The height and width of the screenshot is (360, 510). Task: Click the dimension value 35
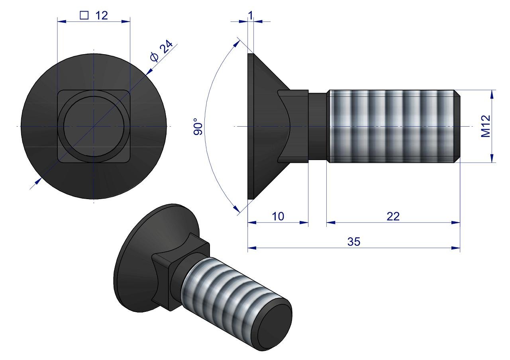(353, 242)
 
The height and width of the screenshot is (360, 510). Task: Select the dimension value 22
(393, 216)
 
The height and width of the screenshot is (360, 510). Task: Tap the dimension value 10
(278, 216)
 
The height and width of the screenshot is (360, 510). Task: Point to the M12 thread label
(485, 126)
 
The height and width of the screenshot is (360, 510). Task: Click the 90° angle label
(198, 127)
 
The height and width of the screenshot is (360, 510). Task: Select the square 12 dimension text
(94, 15)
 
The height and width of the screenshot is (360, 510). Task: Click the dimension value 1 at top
(251, 15)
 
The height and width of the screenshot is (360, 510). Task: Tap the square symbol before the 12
(84, 15)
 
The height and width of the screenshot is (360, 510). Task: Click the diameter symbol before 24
(155, 57)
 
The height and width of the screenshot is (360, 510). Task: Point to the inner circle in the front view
(94, 127)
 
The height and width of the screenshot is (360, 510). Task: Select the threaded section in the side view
(392, 126)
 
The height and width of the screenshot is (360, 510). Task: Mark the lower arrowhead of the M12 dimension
(492, 158)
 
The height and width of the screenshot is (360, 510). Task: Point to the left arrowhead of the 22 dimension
(331, 223)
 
